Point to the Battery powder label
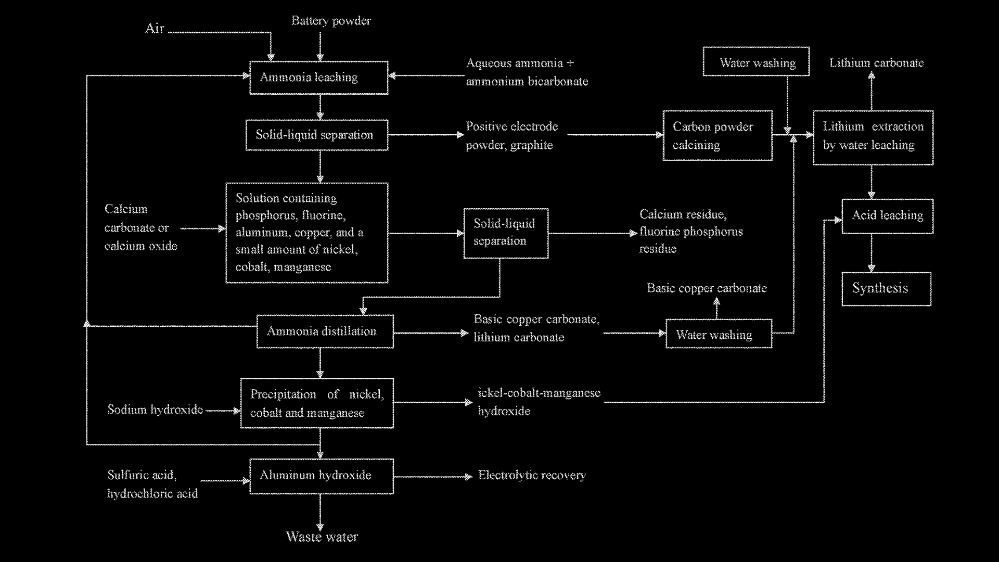[331, 21]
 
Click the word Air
[155, 29]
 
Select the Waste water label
[322, 537]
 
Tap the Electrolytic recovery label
[532, 476]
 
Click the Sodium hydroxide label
[155, 410]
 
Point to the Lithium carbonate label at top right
[877, 63]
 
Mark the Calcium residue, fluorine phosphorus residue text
[691, 232]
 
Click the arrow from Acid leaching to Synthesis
[872, 253]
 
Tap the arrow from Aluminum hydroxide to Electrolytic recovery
[433, 476]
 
